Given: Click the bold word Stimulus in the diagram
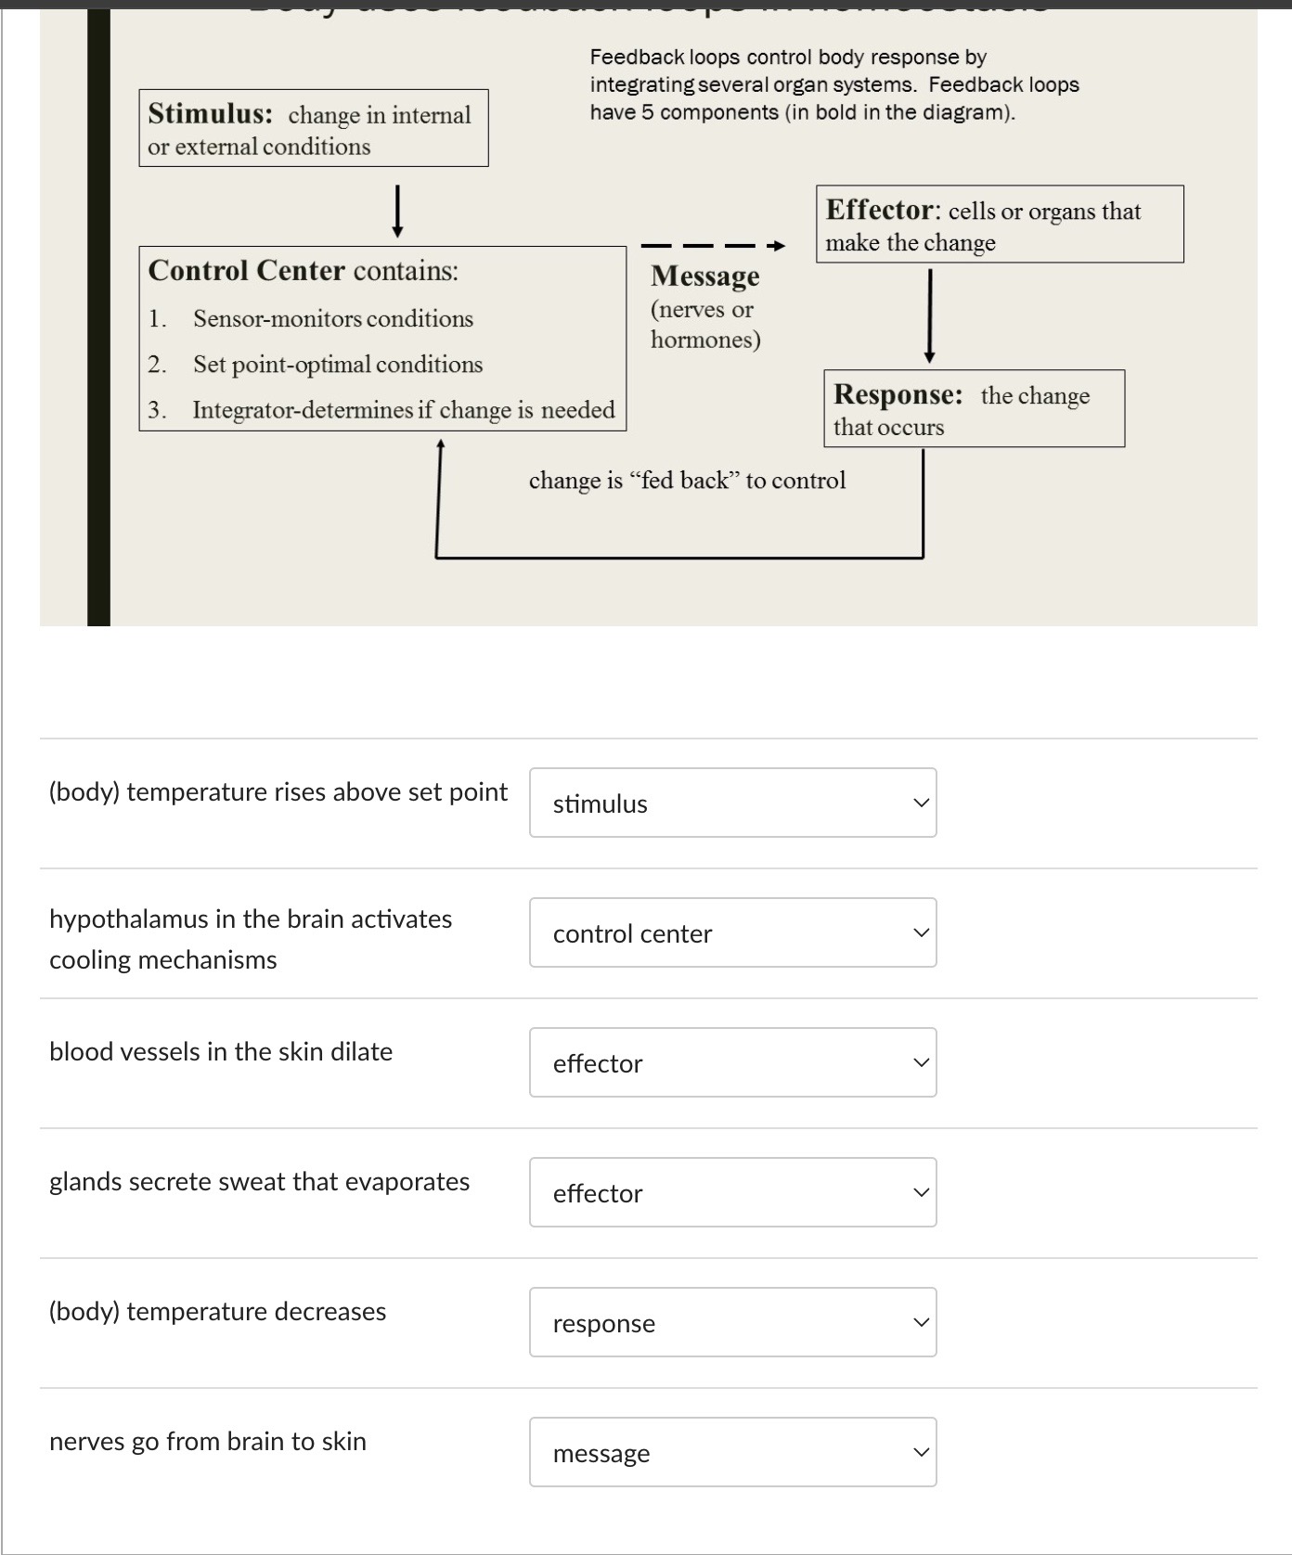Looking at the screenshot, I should pyautogui.click(x=210, y=113).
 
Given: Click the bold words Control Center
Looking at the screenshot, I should pyautogui.click(x=246, y=270).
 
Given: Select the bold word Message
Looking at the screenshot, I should pyautogui.click(x=704, y=276).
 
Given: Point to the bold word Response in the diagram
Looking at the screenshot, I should pyautogui.click(x=898, y=394).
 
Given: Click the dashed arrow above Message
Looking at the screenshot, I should pyautogui.click(x=713, y=246).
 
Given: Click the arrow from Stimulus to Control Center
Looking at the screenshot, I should pyautogui.click(x=397, y=212).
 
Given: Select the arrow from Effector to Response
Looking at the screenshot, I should pyautogui.click(x=929, y=315).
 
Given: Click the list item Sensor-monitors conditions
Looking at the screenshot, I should pyautogui.click(x=332, y=318).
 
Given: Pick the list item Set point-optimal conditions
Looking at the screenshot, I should pyautogui.click(x=337, y=364).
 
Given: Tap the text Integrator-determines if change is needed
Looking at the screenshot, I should pyautogui.click(x=403, y=409).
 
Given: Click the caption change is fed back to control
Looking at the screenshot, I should pyautogui.click(x=687, y=480).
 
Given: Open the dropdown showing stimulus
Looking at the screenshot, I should pyautogui.click(x=732, y=803).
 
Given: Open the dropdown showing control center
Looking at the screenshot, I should pyautogui.click(x=732, y=932).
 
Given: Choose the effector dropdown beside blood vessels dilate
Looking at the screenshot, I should pyautogui.click(x=732, y=1062).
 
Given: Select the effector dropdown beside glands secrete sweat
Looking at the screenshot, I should pyautogui.click(x=732, y=1192).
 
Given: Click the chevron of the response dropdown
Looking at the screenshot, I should pyautogui.click(x=920, y=1322).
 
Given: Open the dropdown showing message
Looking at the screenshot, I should pyautogui.click(x=732, y=1452).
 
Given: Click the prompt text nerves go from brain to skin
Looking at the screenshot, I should pyautogui.click(x=208, y=1441).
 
